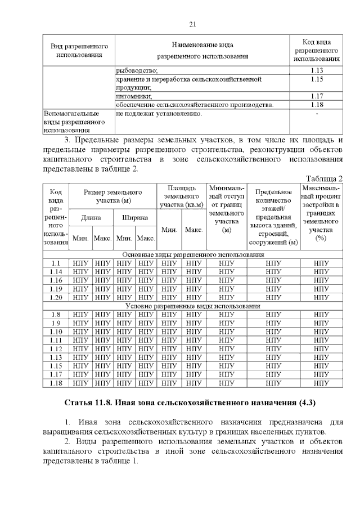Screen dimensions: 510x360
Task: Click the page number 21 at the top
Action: pyautogui.click(x=192, y=24)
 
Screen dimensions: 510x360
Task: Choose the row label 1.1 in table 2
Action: pyautogui.click(x=56, y=263)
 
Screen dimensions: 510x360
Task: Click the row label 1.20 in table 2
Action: pyautogui.click(x=56, y=297)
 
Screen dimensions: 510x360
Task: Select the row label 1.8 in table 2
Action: pyautogui.click(x=56, y=315)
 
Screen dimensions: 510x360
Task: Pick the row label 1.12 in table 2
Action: pyautogui.click(x=56, y=348)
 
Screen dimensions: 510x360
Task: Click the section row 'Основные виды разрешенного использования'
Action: pyautogui.click(x=192, y=255)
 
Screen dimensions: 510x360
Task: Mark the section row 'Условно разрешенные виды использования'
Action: pyautogui.click(x=192, y=306)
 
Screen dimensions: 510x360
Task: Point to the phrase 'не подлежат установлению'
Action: pyautogui.click(x=159, y=114)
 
